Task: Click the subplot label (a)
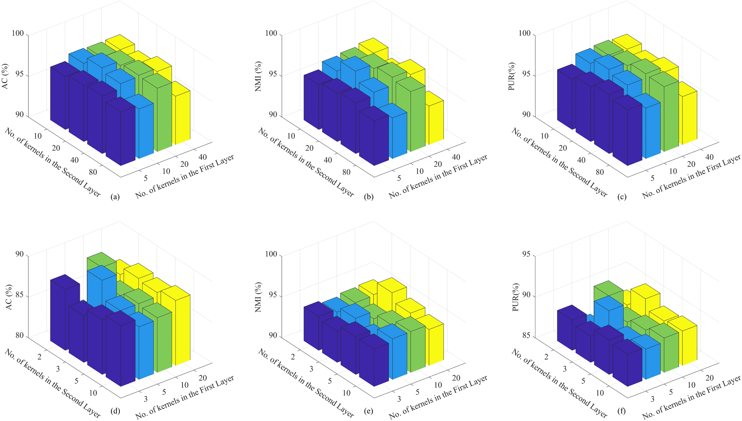pos(115,197)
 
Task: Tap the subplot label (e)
pos(369,411)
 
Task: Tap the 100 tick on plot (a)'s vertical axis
pos(18,33)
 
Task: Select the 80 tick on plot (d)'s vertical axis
pos(20,335)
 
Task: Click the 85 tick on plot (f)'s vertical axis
pos(526,335)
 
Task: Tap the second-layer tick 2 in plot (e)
pos(293,357)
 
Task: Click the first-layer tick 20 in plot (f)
pos(709,378)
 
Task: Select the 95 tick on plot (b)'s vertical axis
pos(271,74)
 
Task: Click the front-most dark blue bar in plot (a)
pos(121,136)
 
